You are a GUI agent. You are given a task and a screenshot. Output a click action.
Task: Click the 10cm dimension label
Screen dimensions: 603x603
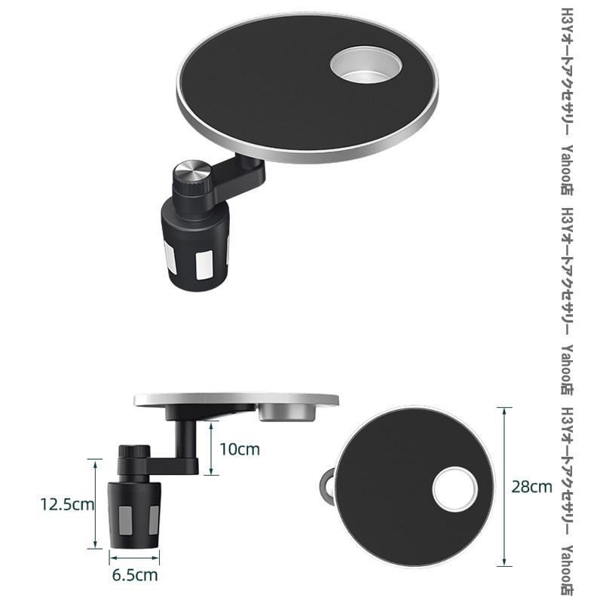coord(240,449)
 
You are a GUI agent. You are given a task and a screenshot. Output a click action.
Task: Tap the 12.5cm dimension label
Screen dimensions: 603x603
coord(67,504)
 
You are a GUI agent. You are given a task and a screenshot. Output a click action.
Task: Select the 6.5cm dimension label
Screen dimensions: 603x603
coord(135,575)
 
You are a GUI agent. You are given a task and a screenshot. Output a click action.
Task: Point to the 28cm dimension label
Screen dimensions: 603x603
coord(531,487)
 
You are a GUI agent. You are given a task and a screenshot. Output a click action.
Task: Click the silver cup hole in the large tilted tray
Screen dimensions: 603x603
coord(366,64)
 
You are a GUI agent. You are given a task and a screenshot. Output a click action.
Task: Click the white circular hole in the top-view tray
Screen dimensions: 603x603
coord(455,489)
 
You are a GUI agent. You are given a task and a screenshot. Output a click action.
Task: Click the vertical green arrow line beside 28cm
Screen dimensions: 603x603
coord(504,486)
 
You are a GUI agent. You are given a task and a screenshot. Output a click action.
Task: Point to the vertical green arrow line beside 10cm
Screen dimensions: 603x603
coord(211,448)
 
